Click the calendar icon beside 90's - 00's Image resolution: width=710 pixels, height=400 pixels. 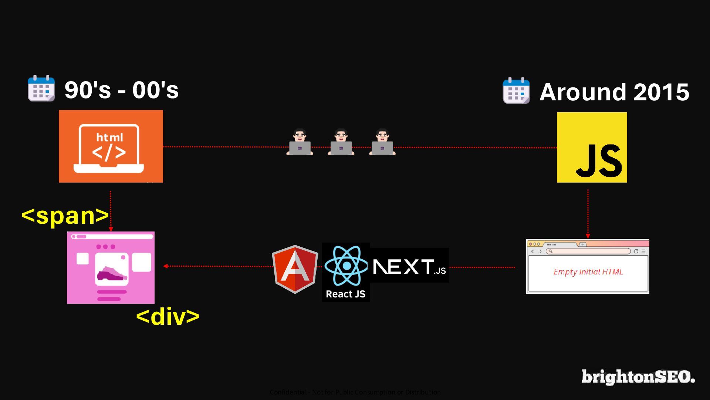click(41, 88)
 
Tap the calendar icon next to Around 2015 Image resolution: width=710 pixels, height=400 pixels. click(516, 90)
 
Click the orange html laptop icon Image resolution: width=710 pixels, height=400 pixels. click(111, 146)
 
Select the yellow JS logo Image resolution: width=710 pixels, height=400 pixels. click(592, 147)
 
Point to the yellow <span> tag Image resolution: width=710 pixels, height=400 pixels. click(65, 216)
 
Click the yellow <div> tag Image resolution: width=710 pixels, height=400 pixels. click(168, 317)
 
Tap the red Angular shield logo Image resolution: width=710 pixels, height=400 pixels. click(295, 269)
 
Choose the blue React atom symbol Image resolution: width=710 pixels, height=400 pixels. click(346, 266)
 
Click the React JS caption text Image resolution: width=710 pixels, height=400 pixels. click(345, 294)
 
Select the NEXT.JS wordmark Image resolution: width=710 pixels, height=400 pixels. click(409, 267)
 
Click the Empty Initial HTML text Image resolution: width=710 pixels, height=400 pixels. click(588, 272)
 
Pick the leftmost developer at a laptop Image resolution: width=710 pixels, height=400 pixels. click(300, 142)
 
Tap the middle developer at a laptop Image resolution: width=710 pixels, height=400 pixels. click(341, 142)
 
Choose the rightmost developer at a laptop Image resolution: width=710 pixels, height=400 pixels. click(382, 142)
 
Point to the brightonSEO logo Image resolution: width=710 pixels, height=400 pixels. click(638, 377)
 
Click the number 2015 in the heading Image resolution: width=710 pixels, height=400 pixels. click(661, 92)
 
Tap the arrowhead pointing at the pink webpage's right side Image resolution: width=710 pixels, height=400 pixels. click(165, 266)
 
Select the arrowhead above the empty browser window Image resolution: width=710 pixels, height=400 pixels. click(588, 236)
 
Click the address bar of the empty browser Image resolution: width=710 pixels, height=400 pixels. click(588, 251)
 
